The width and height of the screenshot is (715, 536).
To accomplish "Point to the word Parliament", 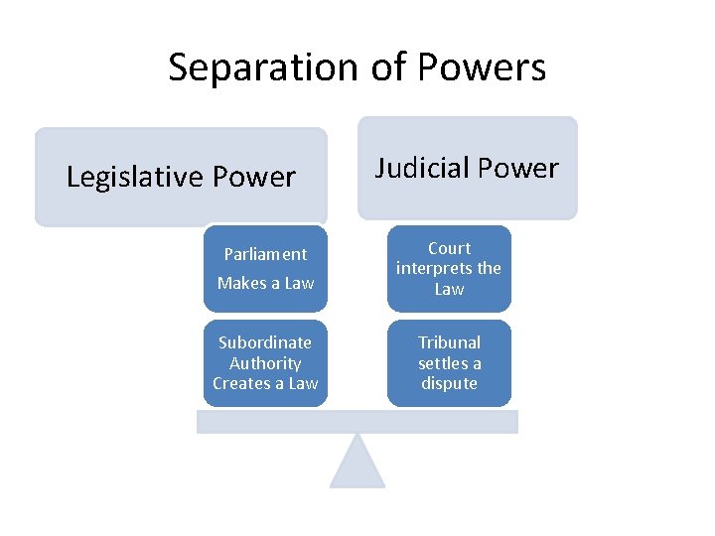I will pyautogui.click(x=265, y=254).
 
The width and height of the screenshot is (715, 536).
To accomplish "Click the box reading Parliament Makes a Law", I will pyautogui.click(x=265, y=269).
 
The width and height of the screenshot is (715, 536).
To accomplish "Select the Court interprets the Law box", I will pyautogui.click(x=449, y=269).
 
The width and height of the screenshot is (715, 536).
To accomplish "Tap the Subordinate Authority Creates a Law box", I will pyautogui.click(x=265, y=363).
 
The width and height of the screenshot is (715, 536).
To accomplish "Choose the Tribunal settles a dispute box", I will pyautogui.click(x=449, y=363).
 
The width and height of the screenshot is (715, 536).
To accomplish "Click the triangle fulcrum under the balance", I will pyautogui.click(x=357, y=465).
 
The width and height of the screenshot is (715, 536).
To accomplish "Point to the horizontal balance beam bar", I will pyautogui.click(x=357, y=422).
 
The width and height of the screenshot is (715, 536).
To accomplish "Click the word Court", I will pyautogui.click(x=449, y=248).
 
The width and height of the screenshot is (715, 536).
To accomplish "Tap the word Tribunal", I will pyautogui.click(x=449, y=342).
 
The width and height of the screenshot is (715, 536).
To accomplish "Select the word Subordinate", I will pyautogui.click(x=265, y=342).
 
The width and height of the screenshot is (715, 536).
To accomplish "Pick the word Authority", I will pyautogui.click(x=265, y=363).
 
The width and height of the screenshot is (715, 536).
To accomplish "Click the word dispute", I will pyautogui.click(x=449, y=383).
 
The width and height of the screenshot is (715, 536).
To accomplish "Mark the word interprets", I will pyautogui.click(x=435, y=268).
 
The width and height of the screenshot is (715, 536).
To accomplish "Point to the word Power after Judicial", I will pyautogui.click(x=519, y=168).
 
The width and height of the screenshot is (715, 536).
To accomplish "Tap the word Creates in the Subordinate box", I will pyautogui.click(x=242, y=383).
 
